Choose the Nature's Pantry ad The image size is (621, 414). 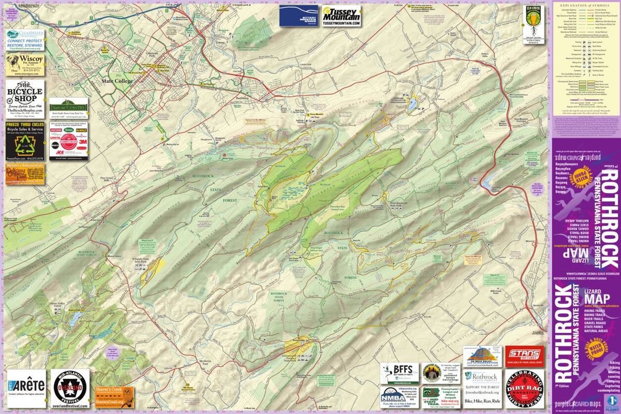pos(69,108)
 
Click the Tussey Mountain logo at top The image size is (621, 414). pos(341,16)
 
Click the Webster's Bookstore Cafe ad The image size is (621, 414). pos(25,174)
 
